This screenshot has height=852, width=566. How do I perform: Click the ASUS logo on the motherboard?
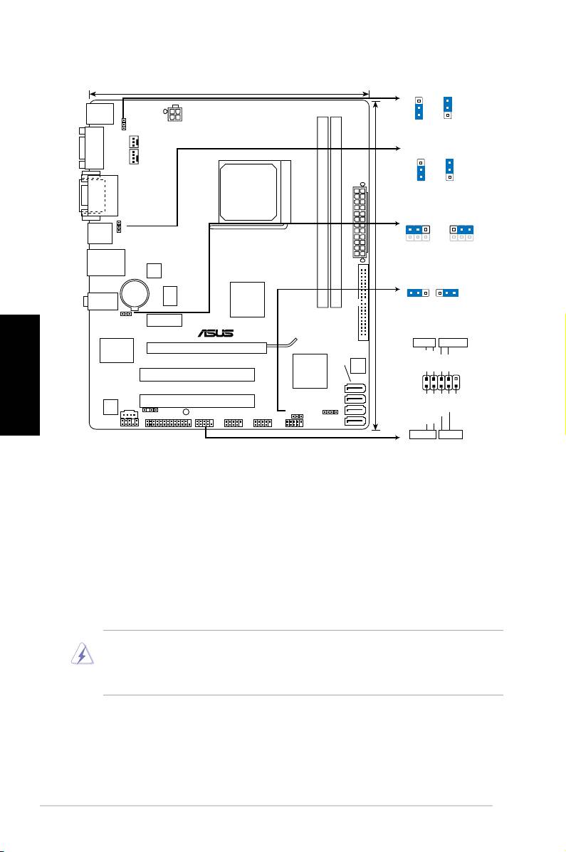tap(216, 333)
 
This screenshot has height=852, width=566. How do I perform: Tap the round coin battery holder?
tap(135, 293)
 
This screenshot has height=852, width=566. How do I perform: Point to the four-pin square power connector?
tap(174, 113)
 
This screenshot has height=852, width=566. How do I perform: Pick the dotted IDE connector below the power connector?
tap(363, 303)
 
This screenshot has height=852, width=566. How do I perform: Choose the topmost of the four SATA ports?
tap(355, 389)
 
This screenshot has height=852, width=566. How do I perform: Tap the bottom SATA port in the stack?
tap(355, 421)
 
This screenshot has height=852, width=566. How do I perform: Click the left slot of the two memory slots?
tap(323, 212)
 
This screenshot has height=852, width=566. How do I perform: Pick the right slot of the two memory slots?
tap(336, 212)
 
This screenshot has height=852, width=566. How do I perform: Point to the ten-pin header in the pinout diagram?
tap(441, 382)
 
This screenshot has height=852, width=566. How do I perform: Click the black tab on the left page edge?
tap(19, 375)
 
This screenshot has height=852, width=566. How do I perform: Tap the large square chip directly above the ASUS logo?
tap(247, 300)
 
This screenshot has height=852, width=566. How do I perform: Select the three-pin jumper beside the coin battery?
tap(126, 313)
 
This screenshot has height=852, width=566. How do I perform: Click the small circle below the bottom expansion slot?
tap(185, 412)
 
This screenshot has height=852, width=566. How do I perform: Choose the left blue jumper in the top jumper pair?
tap(419, 108)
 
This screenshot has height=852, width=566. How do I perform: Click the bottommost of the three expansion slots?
tap(196, 401)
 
